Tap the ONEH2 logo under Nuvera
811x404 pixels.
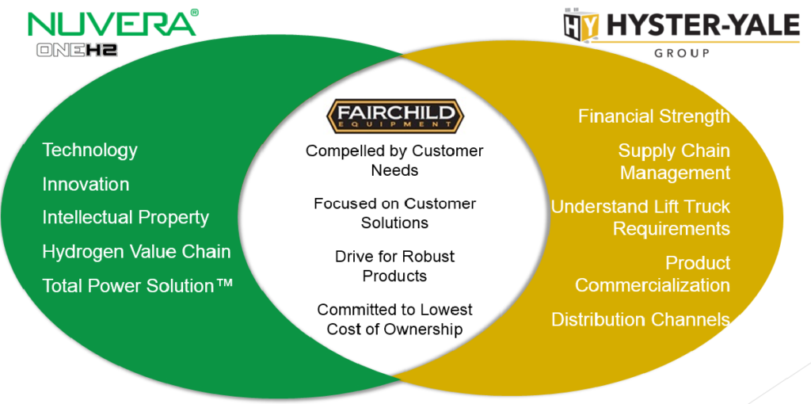click(x=77, y=49)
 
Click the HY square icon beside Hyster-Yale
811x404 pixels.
click(x=577, y=25)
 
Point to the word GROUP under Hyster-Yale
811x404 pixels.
click(x=681, y=54)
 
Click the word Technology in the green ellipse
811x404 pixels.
click(x=89, y=150)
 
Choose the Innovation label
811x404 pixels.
click(x=86, y=184)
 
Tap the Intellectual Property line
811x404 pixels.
click(x=125, y=217)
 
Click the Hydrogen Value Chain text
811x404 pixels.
click(x=136, y=252)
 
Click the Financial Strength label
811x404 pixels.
click(x=653, y=116)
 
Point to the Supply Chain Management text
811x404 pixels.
click(x=674, y=162)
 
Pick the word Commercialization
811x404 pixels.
click(x=653, y=284)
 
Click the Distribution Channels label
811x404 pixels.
click(x=640, y=319)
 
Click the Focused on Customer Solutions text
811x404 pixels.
click(x=394, y=213)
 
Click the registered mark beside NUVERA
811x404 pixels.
click(x=194, y=12)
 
